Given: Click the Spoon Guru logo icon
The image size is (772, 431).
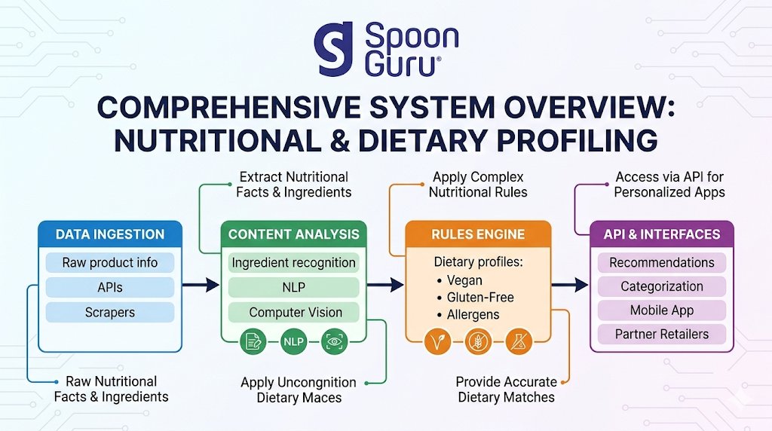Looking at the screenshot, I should pyautogui.click(x=333, y=49).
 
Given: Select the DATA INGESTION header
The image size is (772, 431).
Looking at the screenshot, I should pyautogui.click(x=110, y=234).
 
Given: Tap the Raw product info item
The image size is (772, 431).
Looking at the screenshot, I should pyautogui.click(x=110, y=263).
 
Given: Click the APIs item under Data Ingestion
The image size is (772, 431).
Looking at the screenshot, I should pyautogui.click(x=110, y=287).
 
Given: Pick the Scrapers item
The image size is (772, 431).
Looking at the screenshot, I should pyautogui.click(x=110, y=312).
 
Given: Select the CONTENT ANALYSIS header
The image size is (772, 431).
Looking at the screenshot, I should pyautogui.click(x=294, y=234).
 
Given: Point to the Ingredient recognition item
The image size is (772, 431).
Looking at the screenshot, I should pyautogui.click(x=294, y=263).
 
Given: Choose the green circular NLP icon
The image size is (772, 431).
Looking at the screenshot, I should pyautogui.click(x=293, y=342).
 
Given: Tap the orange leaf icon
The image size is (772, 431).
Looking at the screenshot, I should pyautogui.click(x=438, y=342).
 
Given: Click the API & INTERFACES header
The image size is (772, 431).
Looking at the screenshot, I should pyautogui.click(x=661, y=234).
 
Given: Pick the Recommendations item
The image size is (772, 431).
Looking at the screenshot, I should pyautogui.click(x=661, y=263).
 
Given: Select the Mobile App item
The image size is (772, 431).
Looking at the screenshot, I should pyautogui.click(x=661, y=310).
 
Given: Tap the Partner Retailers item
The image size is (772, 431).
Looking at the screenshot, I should pyautogui.click(x=661, y=335).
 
